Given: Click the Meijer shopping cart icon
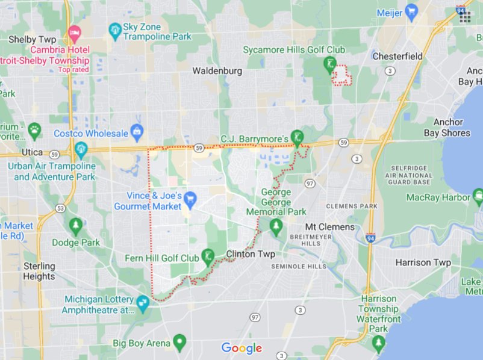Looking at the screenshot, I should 412,12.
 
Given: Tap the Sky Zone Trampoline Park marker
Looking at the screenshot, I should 114,29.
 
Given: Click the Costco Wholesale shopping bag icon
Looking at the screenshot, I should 137,130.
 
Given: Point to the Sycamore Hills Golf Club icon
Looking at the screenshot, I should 329,63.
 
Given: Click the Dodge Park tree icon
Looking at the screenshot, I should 76,226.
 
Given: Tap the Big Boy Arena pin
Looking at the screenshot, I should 179,343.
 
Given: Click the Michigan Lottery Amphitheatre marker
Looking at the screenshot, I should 143,302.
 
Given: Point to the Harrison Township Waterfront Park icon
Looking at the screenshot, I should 379,343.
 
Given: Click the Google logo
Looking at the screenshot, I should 241,348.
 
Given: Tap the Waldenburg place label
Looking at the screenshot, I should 217,71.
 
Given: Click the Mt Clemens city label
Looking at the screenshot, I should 329,227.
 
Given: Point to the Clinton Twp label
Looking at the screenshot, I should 251,254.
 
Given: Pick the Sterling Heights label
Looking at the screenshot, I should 39,271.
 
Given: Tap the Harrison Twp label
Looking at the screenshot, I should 423,262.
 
